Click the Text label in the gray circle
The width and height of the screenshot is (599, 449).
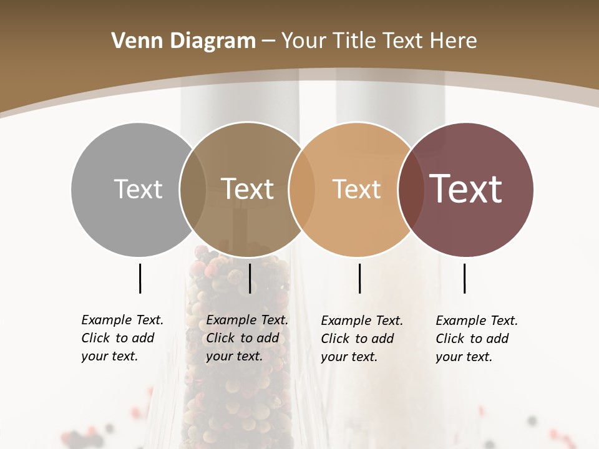[x=138, y=189]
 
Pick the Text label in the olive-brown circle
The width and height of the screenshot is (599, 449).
[x=248, y=189]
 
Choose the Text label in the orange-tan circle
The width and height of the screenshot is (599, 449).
[x=356, y=189]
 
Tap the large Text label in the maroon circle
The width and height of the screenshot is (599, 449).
[x=465, y=189]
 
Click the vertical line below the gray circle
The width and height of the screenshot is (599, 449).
[x=140, y=278]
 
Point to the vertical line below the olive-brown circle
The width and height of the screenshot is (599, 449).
[x=250, y=278]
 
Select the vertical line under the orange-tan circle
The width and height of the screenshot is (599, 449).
[x=360, y=278]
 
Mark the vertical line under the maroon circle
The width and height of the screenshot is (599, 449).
[x=465, y=278]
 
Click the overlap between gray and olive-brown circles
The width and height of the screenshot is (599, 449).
[x=193, y=189]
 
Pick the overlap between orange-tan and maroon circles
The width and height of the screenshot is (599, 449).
[x=411, y=189]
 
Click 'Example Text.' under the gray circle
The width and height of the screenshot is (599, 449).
[x=122, y=320]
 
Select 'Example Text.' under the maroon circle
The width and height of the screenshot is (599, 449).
[x=477, y=321]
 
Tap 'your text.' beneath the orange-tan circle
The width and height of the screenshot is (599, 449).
[x=349, y=357]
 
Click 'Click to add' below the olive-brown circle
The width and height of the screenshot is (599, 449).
[x=242, y=338]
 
